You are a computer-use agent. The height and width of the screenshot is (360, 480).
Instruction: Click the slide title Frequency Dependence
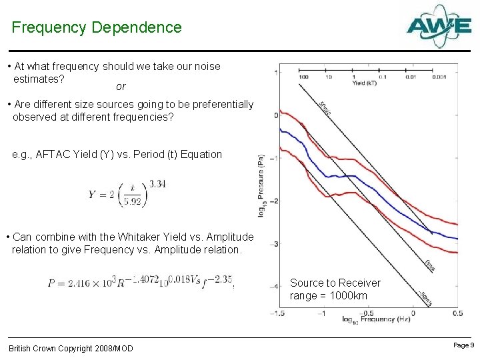tap(97, 27)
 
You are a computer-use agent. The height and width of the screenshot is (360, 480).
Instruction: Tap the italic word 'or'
tap(121, 87)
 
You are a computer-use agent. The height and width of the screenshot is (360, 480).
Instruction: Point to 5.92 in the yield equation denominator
tap(132, 203)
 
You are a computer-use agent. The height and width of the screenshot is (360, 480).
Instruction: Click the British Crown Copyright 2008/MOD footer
tap(71, 349)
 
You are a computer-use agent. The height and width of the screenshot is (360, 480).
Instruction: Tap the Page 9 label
tap(463, 345)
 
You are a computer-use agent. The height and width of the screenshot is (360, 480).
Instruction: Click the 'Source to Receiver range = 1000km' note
tap(335, 289)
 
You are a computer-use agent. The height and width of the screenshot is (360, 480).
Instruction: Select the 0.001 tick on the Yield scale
tap(439, 77)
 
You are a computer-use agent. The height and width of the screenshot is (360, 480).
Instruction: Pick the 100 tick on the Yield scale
tap(303, 77)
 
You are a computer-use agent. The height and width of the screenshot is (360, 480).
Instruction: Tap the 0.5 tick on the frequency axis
tap(457, 312)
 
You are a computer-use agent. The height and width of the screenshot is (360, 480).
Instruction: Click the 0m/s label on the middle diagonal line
tap(430, 265)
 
